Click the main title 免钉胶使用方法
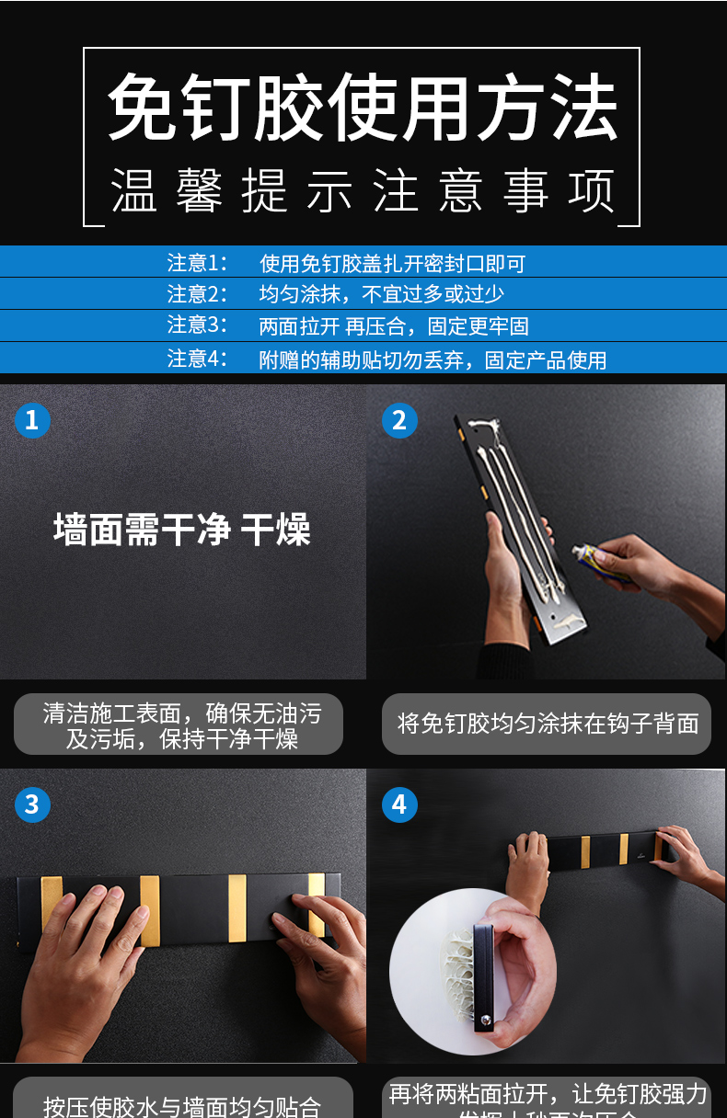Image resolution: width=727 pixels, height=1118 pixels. pos(362,109)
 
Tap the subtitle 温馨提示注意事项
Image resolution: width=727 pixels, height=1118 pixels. pos(362,192)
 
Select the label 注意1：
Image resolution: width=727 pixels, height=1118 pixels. pos(197,264)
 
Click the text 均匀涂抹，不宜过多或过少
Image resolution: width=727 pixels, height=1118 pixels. pos(381,295)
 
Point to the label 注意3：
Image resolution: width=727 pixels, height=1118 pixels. pos(197,325)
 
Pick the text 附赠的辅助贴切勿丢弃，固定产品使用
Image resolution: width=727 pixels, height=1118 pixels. pos(433,359)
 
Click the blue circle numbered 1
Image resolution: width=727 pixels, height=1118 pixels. pos(32,420)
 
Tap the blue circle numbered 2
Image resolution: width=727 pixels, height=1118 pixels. pos(399,420)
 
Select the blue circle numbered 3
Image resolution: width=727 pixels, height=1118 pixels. pos(32,804)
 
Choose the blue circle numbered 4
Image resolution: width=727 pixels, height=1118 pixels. pos(399,804)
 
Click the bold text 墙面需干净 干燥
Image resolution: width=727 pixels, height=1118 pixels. pos(182,530)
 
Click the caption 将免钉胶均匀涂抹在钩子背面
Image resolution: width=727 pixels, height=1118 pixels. pos(548,724)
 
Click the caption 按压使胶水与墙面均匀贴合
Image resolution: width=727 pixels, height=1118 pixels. pos(182,1104)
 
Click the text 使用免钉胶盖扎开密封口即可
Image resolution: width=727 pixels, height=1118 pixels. pos(392,264)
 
